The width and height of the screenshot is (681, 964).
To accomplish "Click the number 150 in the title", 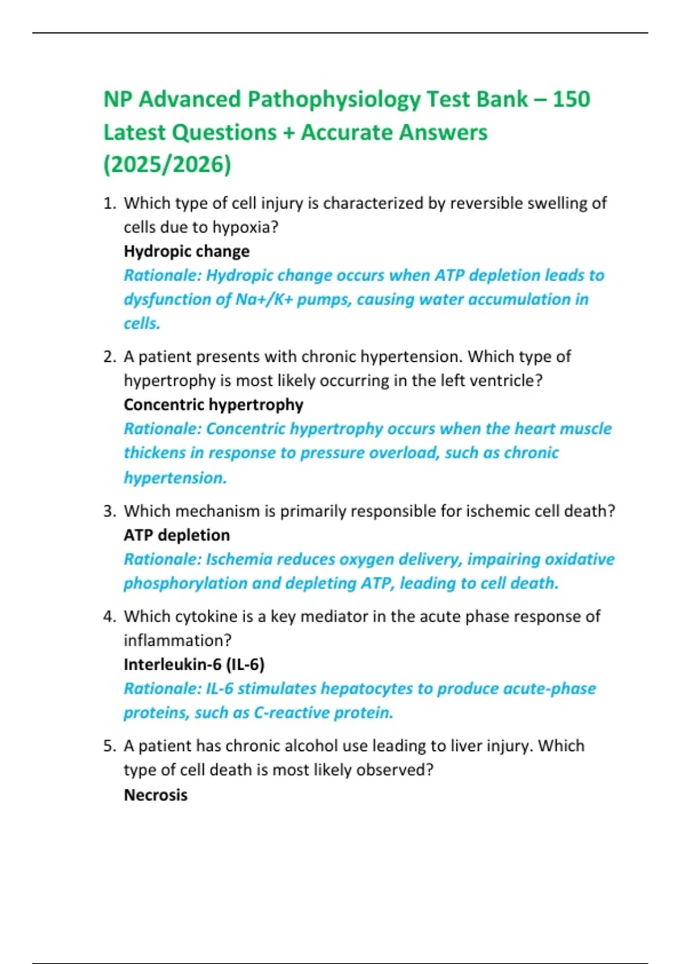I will (571, 100).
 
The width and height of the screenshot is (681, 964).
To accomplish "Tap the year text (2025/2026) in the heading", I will (167, 165).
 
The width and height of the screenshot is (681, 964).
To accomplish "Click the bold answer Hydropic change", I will (187, 251).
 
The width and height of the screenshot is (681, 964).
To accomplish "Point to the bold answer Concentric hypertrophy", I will (213, 405).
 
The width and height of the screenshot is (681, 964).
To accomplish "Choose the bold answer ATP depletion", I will (176, 535).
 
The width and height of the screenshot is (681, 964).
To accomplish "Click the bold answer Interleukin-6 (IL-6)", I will (194, 665).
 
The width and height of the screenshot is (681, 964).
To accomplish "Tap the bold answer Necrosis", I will (155, 795).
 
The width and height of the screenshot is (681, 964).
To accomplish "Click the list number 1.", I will (108, 204).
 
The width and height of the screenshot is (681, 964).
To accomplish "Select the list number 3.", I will (108, 511).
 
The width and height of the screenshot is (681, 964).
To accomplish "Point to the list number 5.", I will (108, 746).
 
